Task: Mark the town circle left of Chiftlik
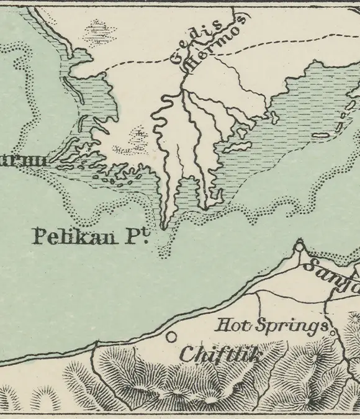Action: [171, 337]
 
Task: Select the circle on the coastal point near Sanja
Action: [300, 247]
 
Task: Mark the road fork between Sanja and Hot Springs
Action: [327, 303]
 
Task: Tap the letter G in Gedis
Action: [176, 61]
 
